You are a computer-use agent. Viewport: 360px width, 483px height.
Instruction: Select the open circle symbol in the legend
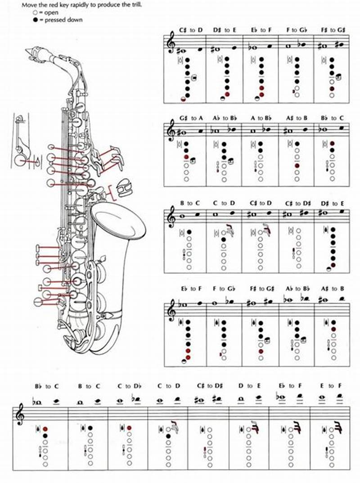click(x=35, y=13)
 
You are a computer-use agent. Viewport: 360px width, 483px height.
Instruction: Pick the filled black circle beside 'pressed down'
click(x=35, y=20)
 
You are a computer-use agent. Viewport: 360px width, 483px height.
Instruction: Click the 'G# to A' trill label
click(x=191, y=118)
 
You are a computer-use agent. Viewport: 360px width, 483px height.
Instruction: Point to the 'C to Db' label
click(x=128, y=386)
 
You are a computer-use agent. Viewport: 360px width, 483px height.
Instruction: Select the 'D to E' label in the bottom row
click(x=249, y=386)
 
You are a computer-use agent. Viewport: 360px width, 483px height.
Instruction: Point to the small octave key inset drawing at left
click(x=20, y=142)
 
